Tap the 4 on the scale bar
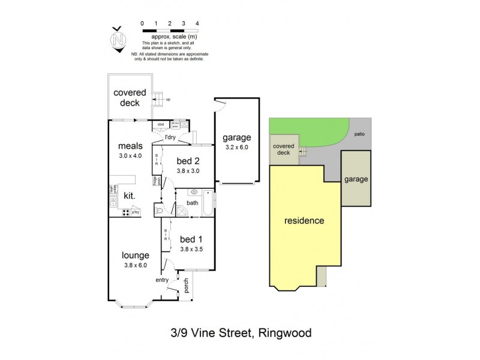pos(197,23)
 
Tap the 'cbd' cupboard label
pos(161,125)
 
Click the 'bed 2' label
pos(188,160)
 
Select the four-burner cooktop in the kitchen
pos(127,212)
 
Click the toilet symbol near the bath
pos(159,210)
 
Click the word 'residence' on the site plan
pos(304,220)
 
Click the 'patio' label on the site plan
pos(359,134)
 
